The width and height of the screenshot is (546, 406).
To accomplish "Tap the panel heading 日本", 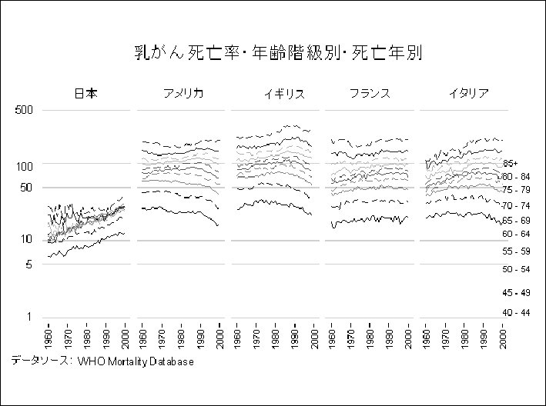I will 85,94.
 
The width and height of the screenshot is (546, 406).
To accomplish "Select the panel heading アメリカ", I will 183,94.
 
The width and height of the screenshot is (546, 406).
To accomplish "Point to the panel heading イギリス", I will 283,94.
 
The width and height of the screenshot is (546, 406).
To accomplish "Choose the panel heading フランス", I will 369,94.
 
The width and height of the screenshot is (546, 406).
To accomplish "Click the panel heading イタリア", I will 468,94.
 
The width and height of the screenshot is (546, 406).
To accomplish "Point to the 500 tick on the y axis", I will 26,110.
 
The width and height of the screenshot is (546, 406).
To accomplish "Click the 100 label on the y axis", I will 26,165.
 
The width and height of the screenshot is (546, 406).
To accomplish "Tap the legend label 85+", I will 511,164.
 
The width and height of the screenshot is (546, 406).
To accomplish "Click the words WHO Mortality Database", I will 135,361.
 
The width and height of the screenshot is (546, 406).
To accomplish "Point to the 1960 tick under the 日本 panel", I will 48,338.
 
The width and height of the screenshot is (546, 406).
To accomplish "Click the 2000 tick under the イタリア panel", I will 504,338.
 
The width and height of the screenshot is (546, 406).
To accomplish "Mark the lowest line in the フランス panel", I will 370,220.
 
